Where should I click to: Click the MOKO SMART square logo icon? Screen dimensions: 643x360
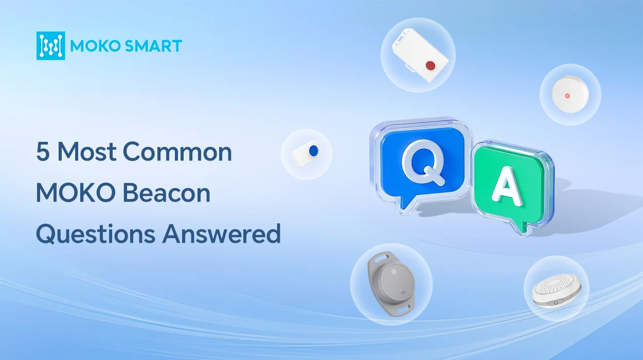click(51, 46)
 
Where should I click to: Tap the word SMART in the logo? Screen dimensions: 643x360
click(154, 46)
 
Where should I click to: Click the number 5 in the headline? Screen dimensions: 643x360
click(43, 152)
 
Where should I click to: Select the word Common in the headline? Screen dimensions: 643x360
click(177, 152)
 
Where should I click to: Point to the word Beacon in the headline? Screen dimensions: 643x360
click(167, 193)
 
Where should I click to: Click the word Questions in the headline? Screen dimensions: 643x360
click(96, 235)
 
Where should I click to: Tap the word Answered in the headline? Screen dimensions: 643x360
click(221, 233)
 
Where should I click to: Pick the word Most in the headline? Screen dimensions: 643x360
click(87, 152)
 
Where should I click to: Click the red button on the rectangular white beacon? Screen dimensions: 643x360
click(430, 65)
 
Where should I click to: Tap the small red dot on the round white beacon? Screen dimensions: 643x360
click(567, 96)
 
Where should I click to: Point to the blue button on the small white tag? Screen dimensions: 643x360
click(313, 151)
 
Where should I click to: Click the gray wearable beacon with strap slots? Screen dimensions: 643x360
click(392, 284)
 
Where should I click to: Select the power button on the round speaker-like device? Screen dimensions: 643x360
click(556, 302)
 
